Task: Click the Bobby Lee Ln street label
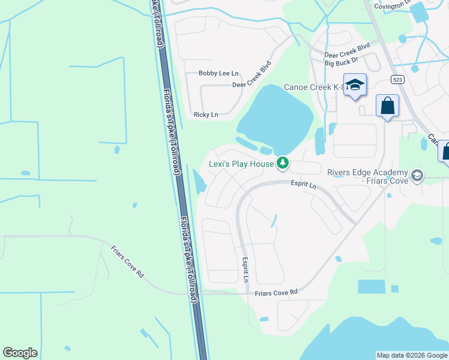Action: coord(218,73)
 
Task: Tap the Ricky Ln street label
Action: coord(206,114)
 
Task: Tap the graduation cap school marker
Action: coord(355,85)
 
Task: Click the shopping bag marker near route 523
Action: coord(387,106)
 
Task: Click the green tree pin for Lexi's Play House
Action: coord(282,163)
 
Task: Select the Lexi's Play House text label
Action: coord(241,164)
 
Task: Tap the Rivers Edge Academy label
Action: coord(367,176)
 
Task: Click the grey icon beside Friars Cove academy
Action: coord(417,176)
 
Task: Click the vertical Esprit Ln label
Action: coord(246,271)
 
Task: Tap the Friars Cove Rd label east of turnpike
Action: coord(277,292)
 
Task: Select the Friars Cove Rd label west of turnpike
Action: coord(128,262)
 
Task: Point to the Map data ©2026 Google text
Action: coord(412,355)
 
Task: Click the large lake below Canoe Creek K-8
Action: coord(277,114)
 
